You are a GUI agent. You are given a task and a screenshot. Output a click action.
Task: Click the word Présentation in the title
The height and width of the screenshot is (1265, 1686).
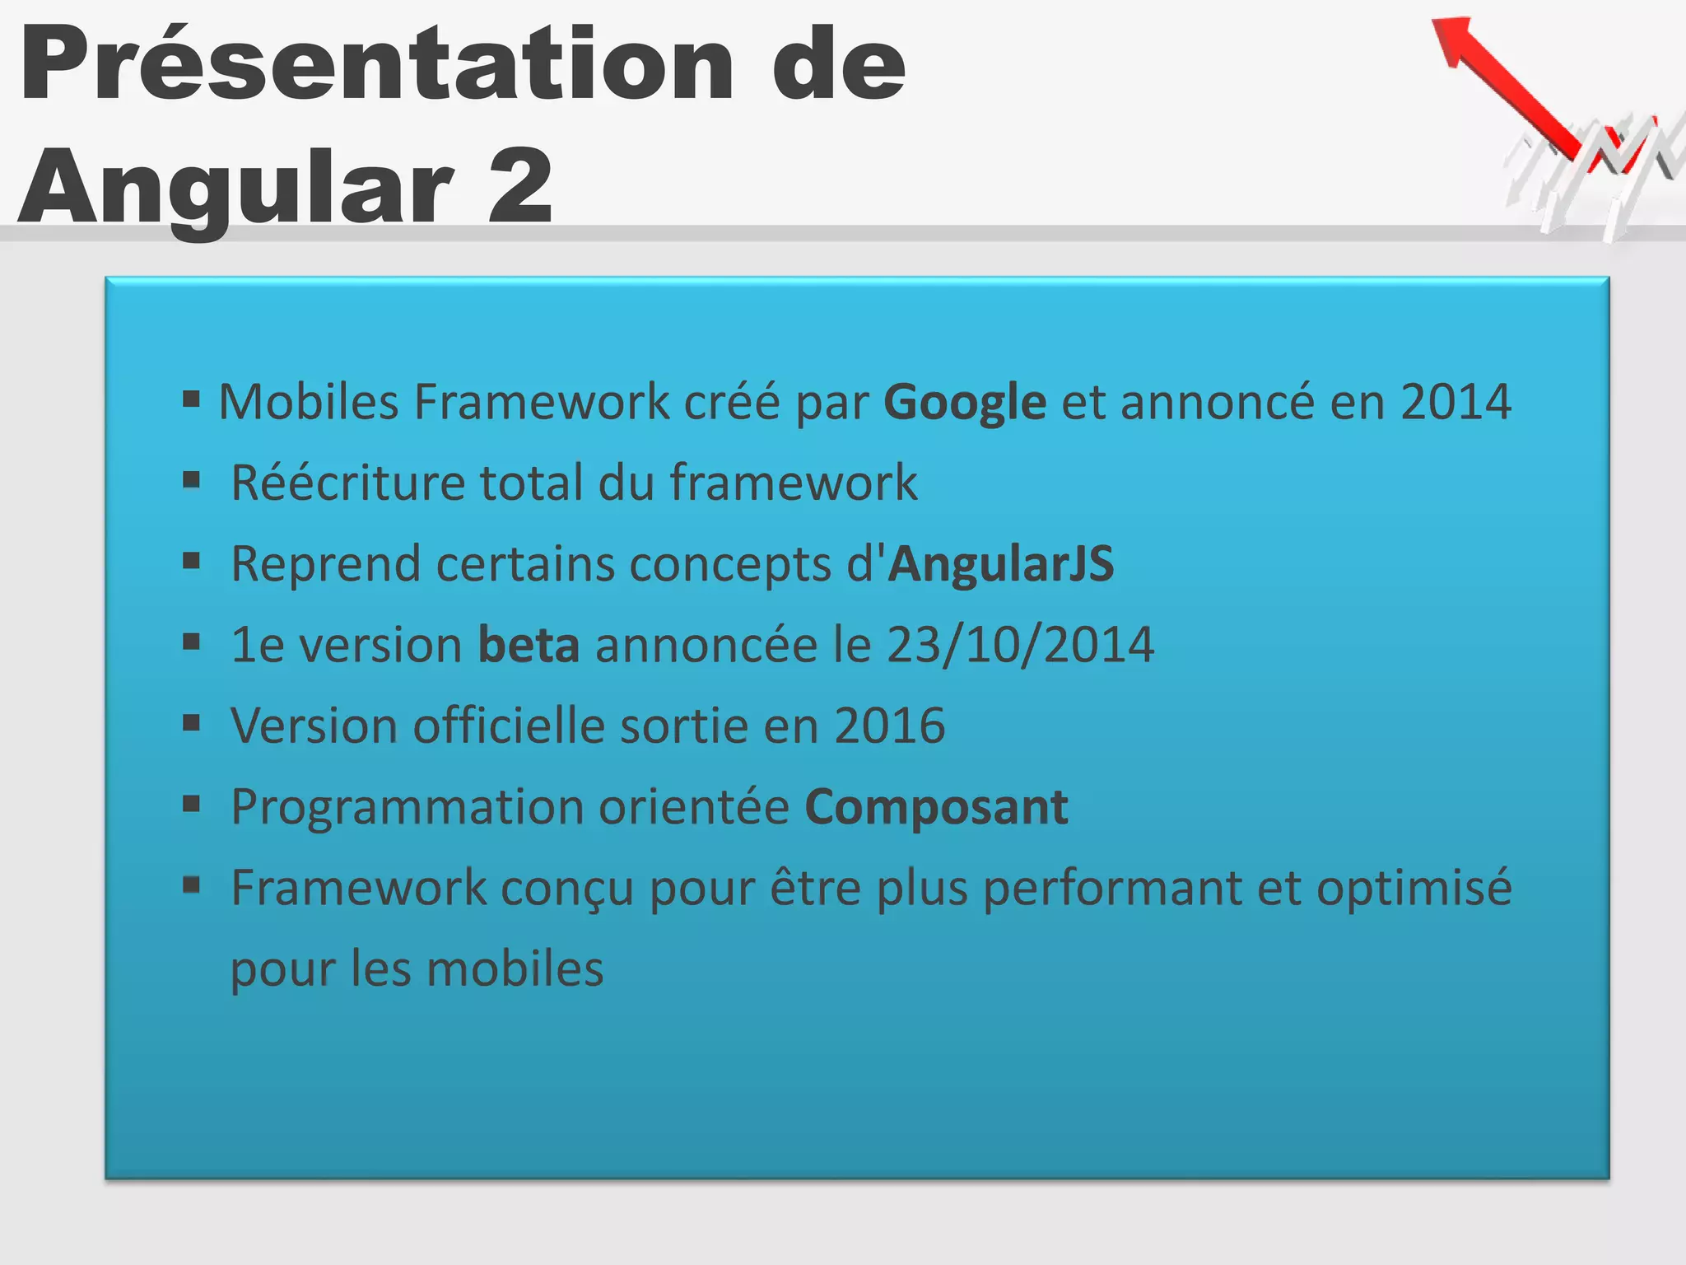[x=375, y=66]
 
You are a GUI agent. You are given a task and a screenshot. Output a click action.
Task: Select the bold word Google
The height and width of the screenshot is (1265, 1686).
[x=964, y=404]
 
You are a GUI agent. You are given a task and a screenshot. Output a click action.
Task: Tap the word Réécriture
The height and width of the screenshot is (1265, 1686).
[x=347, y=483]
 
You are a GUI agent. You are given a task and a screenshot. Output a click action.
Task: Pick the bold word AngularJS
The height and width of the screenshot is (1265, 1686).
[x=1001, y=564]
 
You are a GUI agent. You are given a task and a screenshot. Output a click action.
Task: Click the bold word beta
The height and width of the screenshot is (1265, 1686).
[x=529, y=645]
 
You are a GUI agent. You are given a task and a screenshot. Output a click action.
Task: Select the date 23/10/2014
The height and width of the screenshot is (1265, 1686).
[x=1020, y=645]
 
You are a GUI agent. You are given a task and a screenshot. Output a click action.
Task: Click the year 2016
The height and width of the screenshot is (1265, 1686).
[x=889, y=726]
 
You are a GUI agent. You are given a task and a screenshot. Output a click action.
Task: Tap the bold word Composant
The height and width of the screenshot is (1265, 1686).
[x=936, y=807]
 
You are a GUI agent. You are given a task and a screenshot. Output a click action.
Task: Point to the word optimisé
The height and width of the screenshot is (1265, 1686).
[x=1414, y=889]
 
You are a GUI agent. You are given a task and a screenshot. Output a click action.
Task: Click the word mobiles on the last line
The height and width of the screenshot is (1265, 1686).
[x=515, y=969]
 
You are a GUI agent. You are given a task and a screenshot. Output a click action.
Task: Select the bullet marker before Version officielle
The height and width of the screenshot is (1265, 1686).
[x=192, y=723]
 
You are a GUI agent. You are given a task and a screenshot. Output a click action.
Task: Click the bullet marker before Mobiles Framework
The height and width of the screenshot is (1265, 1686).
[x=192, y=400]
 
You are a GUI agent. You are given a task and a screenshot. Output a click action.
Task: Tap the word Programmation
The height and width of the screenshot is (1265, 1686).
[x=407, y=807]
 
